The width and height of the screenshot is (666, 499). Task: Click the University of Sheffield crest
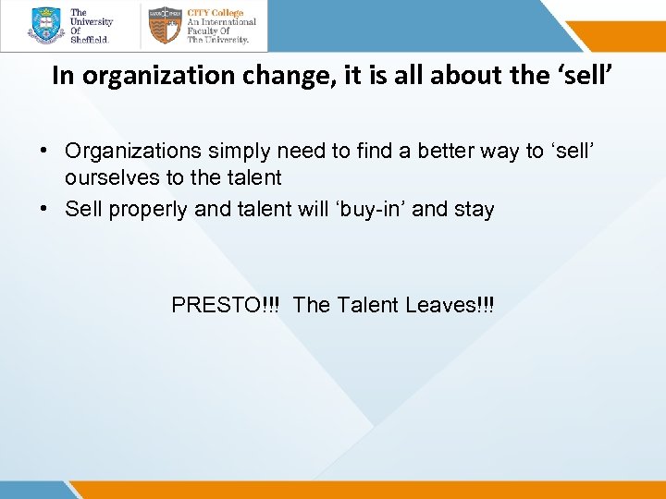[x=45, y=26]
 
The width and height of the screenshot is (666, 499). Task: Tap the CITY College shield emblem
[x=165, y=26]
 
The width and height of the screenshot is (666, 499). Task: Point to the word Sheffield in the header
[x=90, y=40]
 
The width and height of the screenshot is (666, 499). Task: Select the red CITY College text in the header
[x=216, y=13]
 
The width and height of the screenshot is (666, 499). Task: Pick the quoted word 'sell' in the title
[x=582, y=75]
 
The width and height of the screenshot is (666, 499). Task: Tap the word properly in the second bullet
[x=144, y=209]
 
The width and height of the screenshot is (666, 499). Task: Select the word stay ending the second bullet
[x=474, y=209]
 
